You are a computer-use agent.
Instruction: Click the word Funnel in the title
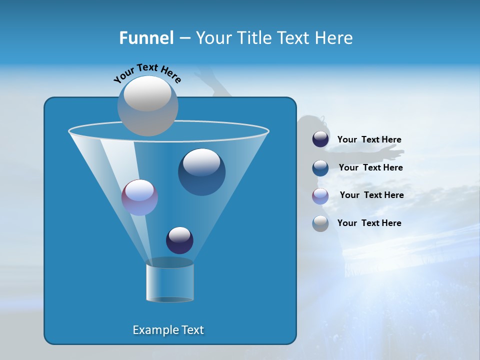(146, 38)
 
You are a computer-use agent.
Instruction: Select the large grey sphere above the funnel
(147, 105)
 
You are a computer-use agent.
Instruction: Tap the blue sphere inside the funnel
(201, 172)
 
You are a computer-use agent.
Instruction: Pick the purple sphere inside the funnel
(139, 197)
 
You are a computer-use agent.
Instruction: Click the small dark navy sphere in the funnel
(179, 240)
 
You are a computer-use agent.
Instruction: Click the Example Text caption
(168, 330)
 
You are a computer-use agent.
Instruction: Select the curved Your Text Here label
(147, 73)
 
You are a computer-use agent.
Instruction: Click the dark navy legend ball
(320, 139)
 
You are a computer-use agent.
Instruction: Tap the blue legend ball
(320, 167)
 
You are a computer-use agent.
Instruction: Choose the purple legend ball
(320, 195)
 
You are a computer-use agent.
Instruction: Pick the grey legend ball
(320, 223)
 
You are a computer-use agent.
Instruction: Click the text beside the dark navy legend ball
(369, 140)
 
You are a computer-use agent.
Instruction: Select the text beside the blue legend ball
(370, 168)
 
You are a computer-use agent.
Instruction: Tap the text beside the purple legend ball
(371, 195)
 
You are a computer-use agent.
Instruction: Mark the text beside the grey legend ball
(369, 223)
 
